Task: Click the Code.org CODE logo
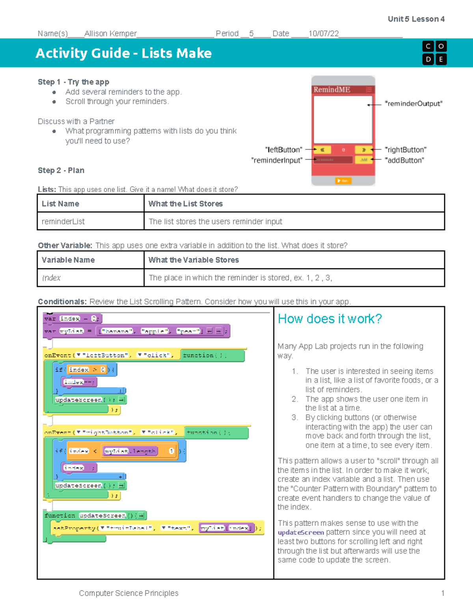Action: (434, 53)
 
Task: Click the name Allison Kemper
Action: (110, 33)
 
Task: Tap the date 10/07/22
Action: (323, 33)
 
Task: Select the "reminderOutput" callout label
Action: (413, 104)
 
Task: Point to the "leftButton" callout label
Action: (284, 150)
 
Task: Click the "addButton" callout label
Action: (404, 160)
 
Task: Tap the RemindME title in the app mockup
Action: (331, 89)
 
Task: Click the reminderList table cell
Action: (63, 221)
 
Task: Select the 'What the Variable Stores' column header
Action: (194, 260)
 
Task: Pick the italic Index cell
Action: (51, 278)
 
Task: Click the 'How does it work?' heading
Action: (330, 319)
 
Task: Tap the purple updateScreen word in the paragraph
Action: (301, 532)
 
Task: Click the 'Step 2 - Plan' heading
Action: (61, 170)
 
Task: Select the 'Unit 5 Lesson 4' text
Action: (416, 19)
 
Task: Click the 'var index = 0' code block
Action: (72, 318)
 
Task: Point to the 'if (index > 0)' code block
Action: (85, 370)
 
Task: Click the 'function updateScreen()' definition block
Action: (95, 515)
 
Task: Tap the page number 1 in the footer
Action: (443, 593)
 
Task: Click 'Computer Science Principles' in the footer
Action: (128, 593)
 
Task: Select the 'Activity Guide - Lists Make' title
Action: (123, 53)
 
